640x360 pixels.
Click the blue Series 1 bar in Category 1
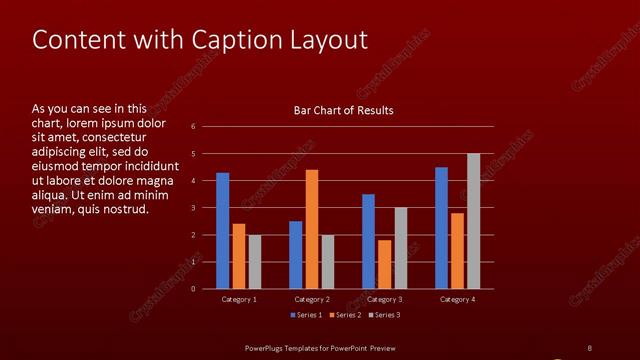click(222, 231)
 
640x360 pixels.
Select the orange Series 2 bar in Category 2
click(312, 229)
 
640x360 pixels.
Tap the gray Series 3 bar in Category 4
click(473, 221)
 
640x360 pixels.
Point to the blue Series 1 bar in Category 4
click(441, 228)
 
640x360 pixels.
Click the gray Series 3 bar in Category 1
click(254, 262)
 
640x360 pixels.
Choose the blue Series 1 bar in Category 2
click(296, 255)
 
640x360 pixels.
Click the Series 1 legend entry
click(307, 315)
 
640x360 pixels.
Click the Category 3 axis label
click(384, 299)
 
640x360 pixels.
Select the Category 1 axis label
click(238, 299)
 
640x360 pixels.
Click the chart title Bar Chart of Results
click(343, 110)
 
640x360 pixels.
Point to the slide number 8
click(589, 348)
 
